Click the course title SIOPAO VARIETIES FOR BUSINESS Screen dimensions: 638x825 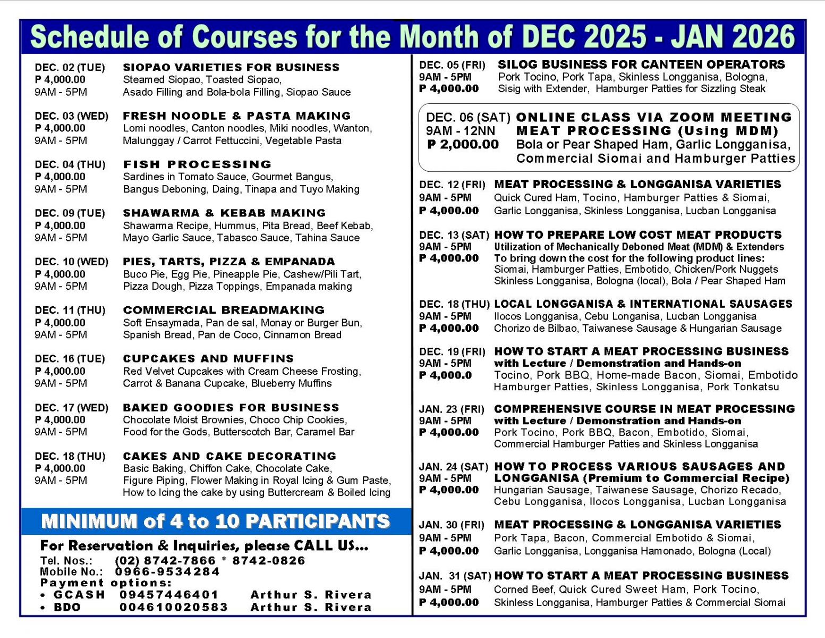click(x=231, y=68)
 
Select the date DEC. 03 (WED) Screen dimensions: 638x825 click(x=72, y=116)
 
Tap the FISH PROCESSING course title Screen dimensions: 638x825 click(x=197, y=164)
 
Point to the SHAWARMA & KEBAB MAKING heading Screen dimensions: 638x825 click(x=224, y=213)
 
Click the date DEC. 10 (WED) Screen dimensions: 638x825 click(x=72, y=262)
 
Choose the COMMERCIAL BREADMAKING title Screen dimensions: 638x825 click(x=224, y=310)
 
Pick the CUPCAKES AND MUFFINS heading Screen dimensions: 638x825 click(x=208, y=358)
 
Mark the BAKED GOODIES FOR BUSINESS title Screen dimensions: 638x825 click(x=231, y=407)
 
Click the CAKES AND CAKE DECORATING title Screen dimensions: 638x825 click(x=229, y=456)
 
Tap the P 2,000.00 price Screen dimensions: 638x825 click(x=463, y=145)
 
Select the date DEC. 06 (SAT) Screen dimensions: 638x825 click(x=467, y=117)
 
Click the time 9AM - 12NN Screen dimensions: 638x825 click(x=460, y=131)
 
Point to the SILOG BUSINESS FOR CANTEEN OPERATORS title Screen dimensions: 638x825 click(x=641, y=64)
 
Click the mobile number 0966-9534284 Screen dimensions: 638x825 click(x=167, y=572)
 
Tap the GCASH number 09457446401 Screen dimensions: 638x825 click(x=169, y=594)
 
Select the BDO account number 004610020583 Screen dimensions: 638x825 click(x=174, y=607)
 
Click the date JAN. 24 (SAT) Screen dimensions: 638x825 click(x=453, y=467)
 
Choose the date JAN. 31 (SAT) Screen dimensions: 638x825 click(x=455, y=576)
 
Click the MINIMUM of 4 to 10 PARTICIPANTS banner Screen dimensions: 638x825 click(x=216, y=521)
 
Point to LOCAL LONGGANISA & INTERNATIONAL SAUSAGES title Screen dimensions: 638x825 click(x=643, y=304)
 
